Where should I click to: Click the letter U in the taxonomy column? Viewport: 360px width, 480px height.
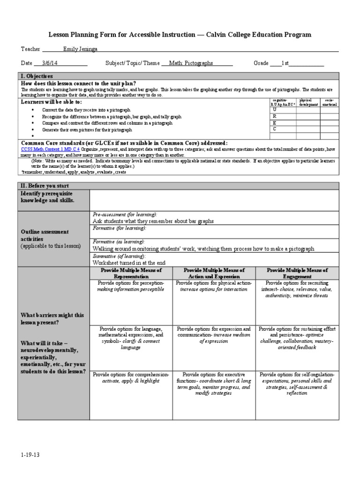[275, 110]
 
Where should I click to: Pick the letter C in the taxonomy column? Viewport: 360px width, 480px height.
[275, 128]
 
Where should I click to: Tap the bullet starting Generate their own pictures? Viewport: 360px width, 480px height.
[87, 129]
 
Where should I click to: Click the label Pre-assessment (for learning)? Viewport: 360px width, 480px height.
[121, 214]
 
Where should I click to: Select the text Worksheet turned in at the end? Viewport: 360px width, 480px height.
[129, 263]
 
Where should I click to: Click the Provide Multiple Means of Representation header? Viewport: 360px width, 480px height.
[131, 273]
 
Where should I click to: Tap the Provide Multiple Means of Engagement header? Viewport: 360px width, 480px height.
[297, 273]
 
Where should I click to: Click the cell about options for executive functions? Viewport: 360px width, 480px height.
[214, 384]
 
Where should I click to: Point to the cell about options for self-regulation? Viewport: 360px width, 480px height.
[297, 384]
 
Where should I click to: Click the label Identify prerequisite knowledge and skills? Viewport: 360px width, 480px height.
[48, 197]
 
